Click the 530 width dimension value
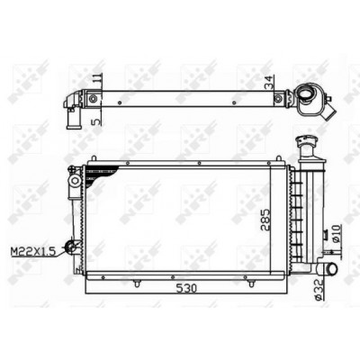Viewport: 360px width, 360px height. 186,289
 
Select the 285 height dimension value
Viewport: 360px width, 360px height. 265,220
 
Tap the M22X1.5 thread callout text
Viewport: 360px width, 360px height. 33,251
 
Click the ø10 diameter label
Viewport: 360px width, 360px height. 336,234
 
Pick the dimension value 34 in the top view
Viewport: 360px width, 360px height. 269,82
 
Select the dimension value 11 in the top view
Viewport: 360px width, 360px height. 98,78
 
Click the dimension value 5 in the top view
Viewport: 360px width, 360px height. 97,121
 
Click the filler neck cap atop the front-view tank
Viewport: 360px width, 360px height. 306,140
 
